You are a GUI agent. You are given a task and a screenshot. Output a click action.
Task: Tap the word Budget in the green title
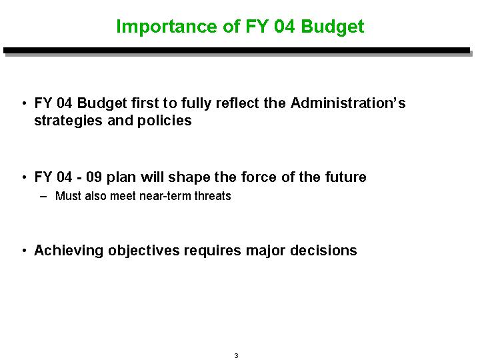[x=333, y=27]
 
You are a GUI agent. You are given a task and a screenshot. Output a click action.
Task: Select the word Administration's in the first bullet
[x=348, y=103]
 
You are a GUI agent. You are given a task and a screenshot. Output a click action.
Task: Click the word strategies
[x=68, y=121]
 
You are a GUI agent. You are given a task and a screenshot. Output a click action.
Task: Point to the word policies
[x=165, y=121]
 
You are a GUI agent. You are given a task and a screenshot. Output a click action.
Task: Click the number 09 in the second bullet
[x=94, y=177]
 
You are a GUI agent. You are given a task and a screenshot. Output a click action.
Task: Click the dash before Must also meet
[x=43, y=197]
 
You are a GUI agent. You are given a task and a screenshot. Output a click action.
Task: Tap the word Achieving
[x=69, y=251]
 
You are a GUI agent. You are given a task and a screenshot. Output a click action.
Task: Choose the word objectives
[x=144, y=251]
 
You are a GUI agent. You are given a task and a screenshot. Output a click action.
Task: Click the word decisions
[x=323, y=251]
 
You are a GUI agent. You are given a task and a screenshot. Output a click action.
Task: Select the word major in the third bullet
[x=266, y=251]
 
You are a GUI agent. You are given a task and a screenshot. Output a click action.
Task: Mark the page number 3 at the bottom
[x=236, y=355]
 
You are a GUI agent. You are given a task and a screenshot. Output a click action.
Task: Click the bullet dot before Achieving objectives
[x=25, y=251]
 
